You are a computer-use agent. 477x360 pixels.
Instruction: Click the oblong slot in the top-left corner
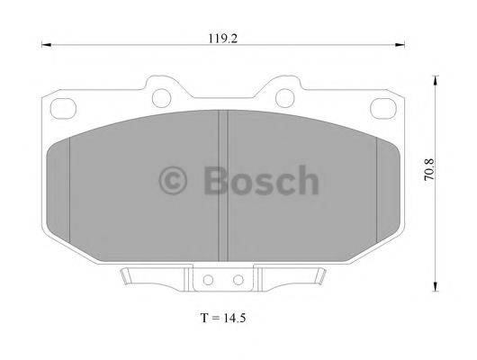pos(62,106)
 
